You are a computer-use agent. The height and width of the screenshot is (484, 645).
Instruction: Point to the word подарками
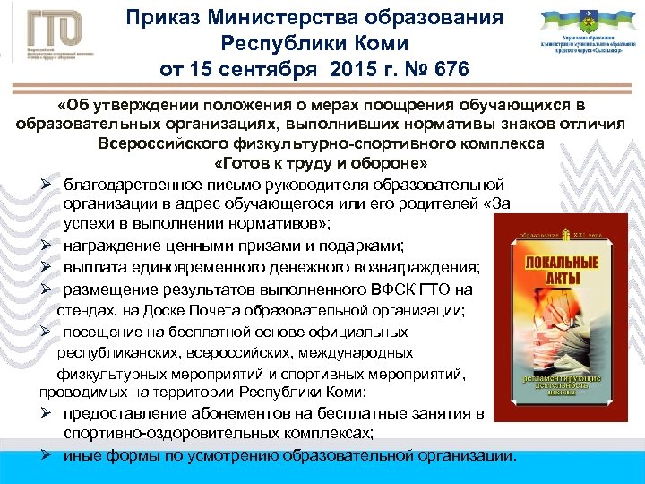click(367, 246)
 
